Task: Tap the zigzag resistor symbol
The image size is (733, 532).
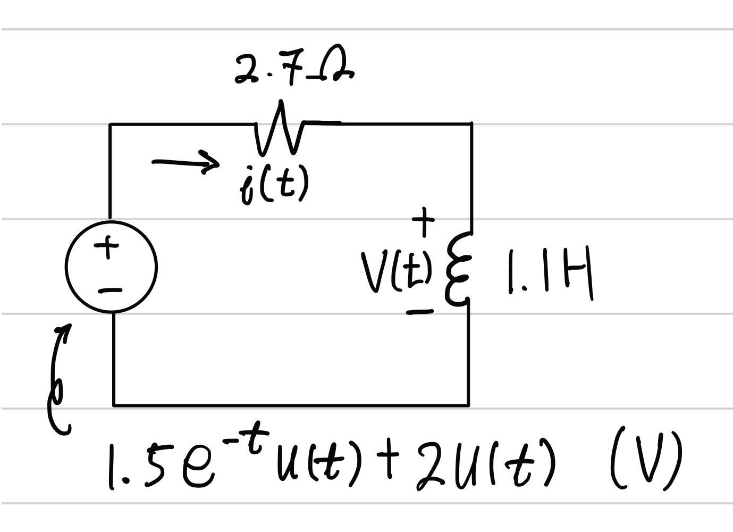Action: [280, 130]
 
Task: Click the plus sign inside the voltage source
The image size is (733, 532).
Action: [108, 247]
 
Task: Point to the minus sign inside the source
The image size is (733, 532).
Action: [110, 290]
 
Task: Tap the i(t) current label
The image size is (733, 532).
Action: [274, 184]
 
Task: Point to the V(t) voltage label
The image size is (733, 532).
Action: [396, 271]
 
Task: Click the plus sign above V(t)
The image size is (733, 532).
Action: [424, 220]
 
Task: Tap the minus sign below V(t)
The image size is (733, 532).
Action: [420, 312]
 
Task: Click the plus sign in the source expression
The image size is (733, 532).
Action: [391, 461]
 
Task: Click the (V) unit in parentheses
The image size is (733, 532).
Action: [646, 460]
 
